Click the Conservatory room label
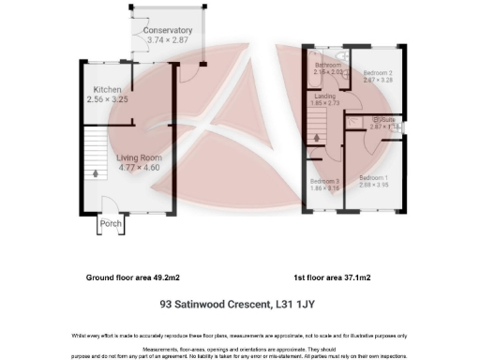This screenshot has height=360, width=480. pyautogui.click(x=168, y=31)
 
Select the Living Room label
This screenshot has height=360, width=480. pyautogui.click(x=139, y=157)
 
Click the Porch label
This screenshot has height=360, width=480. pyautogui.click(x=111, y=224)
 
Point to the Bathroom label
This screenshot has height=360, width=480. pyautogui.click(x=329, y=64)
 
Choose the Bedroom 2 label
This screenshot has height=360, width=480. pyautogui.click(x=377, y=72)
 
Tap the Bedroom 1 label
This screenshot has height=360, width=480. pyautogui.click(x=374, y=177)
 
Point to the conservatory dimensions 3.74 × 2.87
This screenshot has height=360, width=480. pyautogui.click(x=169, y=41)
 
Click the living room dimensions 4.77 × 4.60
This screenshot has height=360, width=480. pyautogui.click(x=139, y=168)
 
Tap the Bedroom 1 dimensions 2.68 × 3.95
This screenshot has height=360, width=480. pyautogui.click(x=374, y=185)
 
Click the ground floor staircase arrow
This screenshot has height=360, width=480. pyautogui.click(x=95, y=174)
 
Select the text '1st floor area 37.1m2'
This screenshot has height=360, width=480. pyautogui.click(x=332, y=278)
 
